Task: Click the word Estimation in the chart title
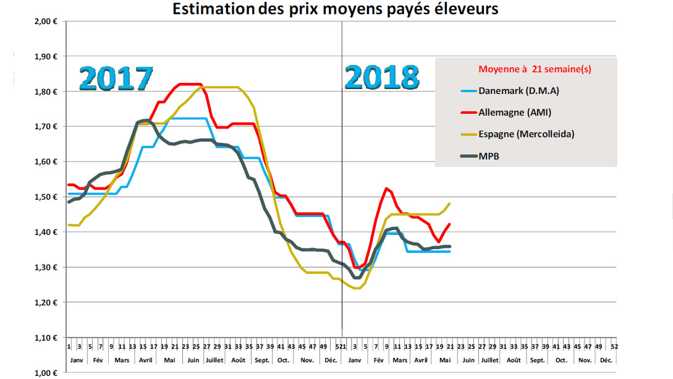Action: click(211, 9)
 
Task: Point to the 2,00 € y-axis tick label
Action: click(46, 21)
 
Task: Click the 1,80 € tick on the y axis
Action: click(46, 92)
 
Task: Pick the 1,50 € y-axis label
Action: click(46, 197)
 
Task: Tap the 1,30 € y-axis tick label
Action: click(46, 268)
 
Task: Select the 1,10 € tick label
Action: click(46, 338)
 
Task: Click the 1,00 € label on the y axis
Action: click(46, 373)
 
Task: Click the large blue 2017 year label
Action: click(116, 79)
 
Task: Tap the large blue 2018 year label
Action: click(381, 79)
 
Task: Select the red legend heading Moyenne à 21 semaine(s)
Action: click(535, 69)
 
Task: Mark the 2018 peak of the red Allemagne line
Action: click(386, 188)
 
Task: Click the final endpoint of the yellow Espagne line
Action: click(450, 203)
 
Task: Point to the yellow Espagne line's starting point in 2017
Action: click(69, 224)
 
